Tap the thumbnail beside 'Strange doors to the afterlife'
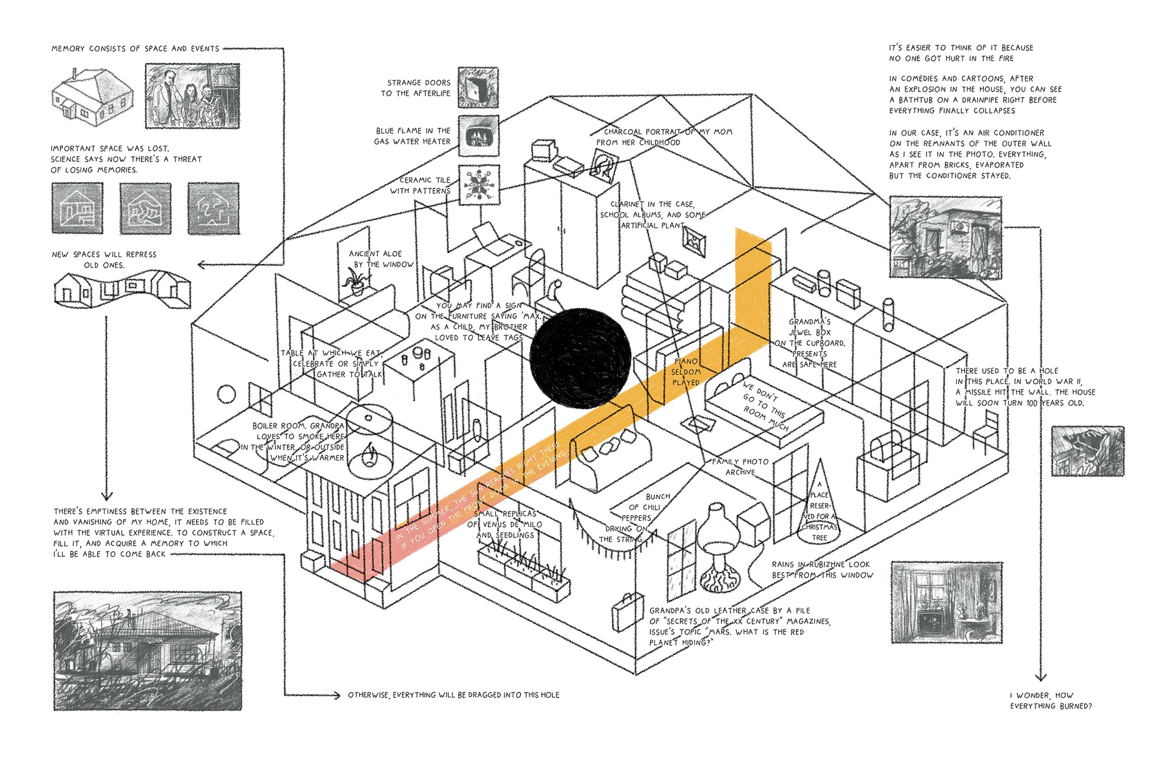click(x=478, y=88)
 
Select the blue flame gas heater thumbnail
click(x=478, y=136)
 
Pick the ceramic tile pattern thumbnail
click(x=478, y=185)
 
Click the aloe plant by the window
click(x=356, y=282)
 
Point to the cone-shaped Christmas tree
click(x=819, y=503)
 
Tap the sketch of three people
click(x=192, y=96)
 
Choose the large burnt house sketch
click(x=147, y=651)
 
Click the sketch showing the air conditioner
click(x=945, y=237)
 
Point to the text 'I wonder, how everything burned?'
click(x=1051, y=700)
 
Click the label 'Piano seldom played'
click(x=686, y=372)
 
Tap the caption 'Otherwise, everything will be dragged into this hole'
click(x=453, y=695)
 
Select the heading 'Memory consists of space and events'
click(x=135, y=48)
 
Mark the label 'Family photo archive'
click(x=740, y=466)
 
